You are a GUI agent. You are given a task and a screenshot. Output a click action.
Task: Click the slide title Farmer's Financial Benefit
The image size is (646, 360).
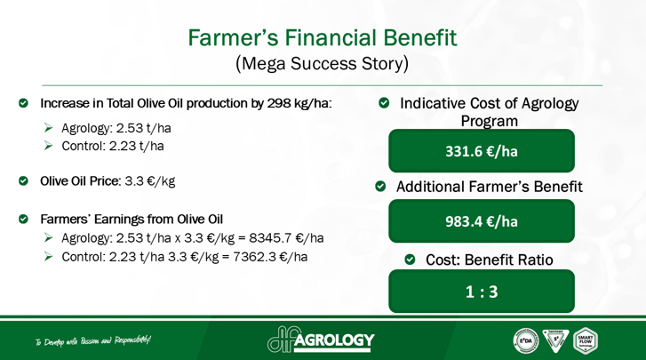[322, 38]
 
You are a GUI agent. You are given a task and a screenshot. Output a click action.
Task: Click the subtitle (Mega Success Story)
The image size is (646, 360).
[322, 65]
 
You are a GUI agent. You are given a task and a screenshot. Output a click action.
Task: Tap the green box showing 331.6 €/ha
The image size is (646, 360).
[481, 151]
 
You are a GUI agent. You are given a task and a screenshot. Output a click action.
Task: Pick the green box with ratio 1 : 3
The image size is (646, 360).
[481, 292]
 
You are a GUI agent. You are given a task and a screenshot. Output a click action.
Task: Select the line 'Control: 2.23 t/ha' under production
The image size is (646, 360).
[112, 146]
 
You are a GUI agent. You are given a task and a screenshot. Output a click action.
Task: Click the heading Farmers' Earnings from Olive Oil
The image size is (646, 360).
[132, 219]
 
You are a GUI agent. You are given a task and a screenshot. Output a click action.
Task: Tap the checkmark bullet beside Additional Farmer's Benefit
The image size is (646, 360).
[380, 188]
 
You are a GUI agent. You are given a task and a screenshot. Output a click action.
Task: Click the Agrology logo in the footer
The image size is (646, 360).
[321, 340]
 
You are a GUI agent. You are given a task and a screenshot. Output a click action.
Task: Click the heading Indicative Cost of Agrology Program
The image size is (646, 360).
[489, 112]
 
